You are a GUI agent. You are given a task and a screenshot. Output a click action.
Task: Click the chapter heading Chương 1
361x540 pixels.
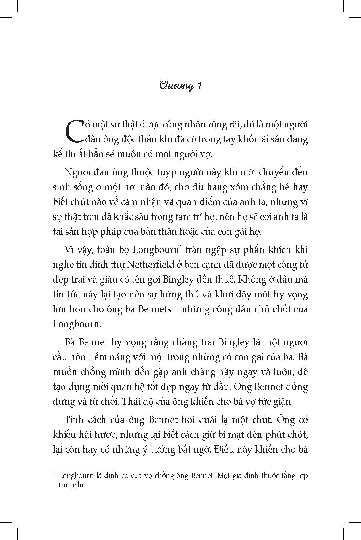(x=181, y=86)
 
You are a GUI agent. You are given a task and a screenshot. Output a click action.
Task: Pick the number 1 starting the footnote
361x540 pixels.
(x=54, y=476)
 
